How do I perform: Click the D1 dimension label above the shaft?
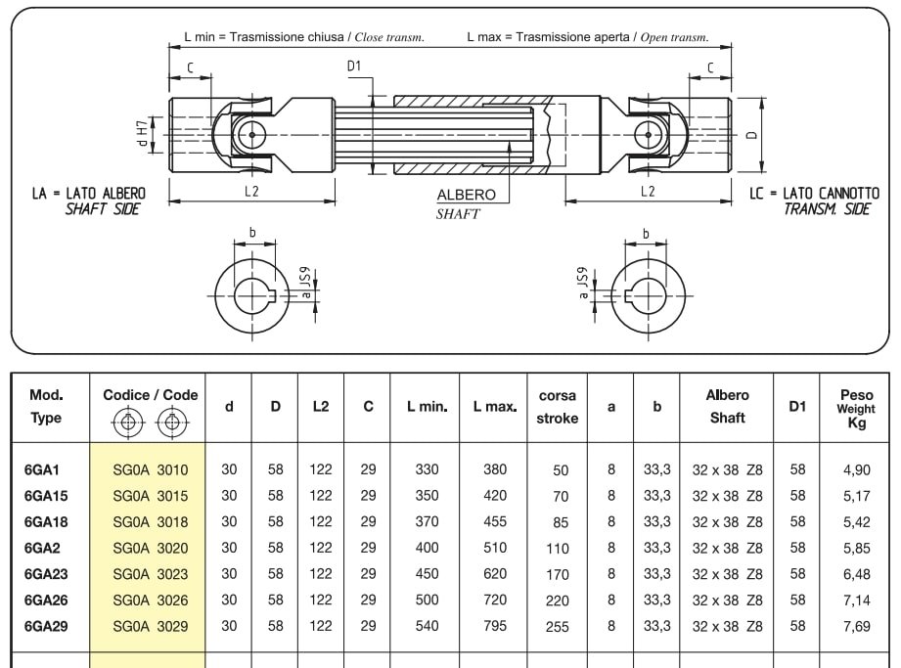[x=354, y=67]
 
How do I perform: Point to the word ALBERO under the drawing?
[x=466, y=195]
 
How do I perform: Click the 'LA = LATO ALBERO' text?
[x=89, y=193]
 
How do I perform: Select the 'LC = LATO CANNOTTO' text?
[x=814, y=193]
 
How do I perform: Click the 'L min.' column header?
[x=427, y=407]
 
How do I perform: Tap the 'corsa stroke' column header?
[x=558, y=407]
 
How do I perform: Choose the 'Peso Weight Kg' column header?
[x=856, y=409]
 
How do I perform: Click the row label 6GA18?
[x=46, y=522]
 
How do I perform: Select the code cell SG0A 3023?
[x=151, y=574]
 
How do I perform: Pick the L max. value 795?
[x=495, y=626]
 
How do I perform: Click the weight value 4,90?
[x=857, y=469]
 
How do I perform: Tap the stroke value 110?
[x=558, y=549]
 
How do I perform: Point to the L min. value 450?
[x=427, y=574]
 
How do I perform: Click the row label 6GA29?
[x=46, y=626]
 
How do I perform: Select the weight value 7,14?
[x=857, y=601]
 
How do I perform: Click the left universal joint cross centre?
[x=251, y=135]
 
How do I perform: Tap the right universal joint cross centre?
[x=649, y=135]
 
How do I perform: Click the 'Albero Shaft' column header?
[x=728, y=407]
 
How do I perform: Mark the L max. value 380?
[x=495, y=469]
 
